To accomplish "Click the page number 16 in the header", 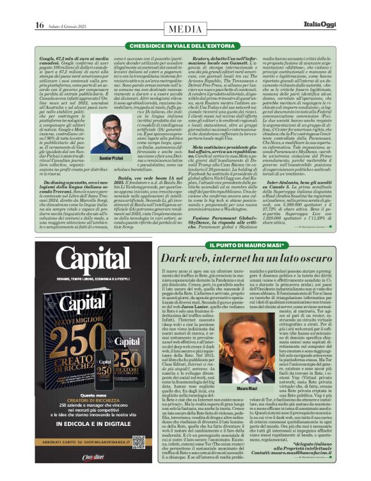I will pyautogui.click(x=39, y=25).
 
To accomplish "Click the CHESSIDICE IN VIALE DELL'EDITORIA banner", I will pyautogui.click(x=185, y=47).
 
